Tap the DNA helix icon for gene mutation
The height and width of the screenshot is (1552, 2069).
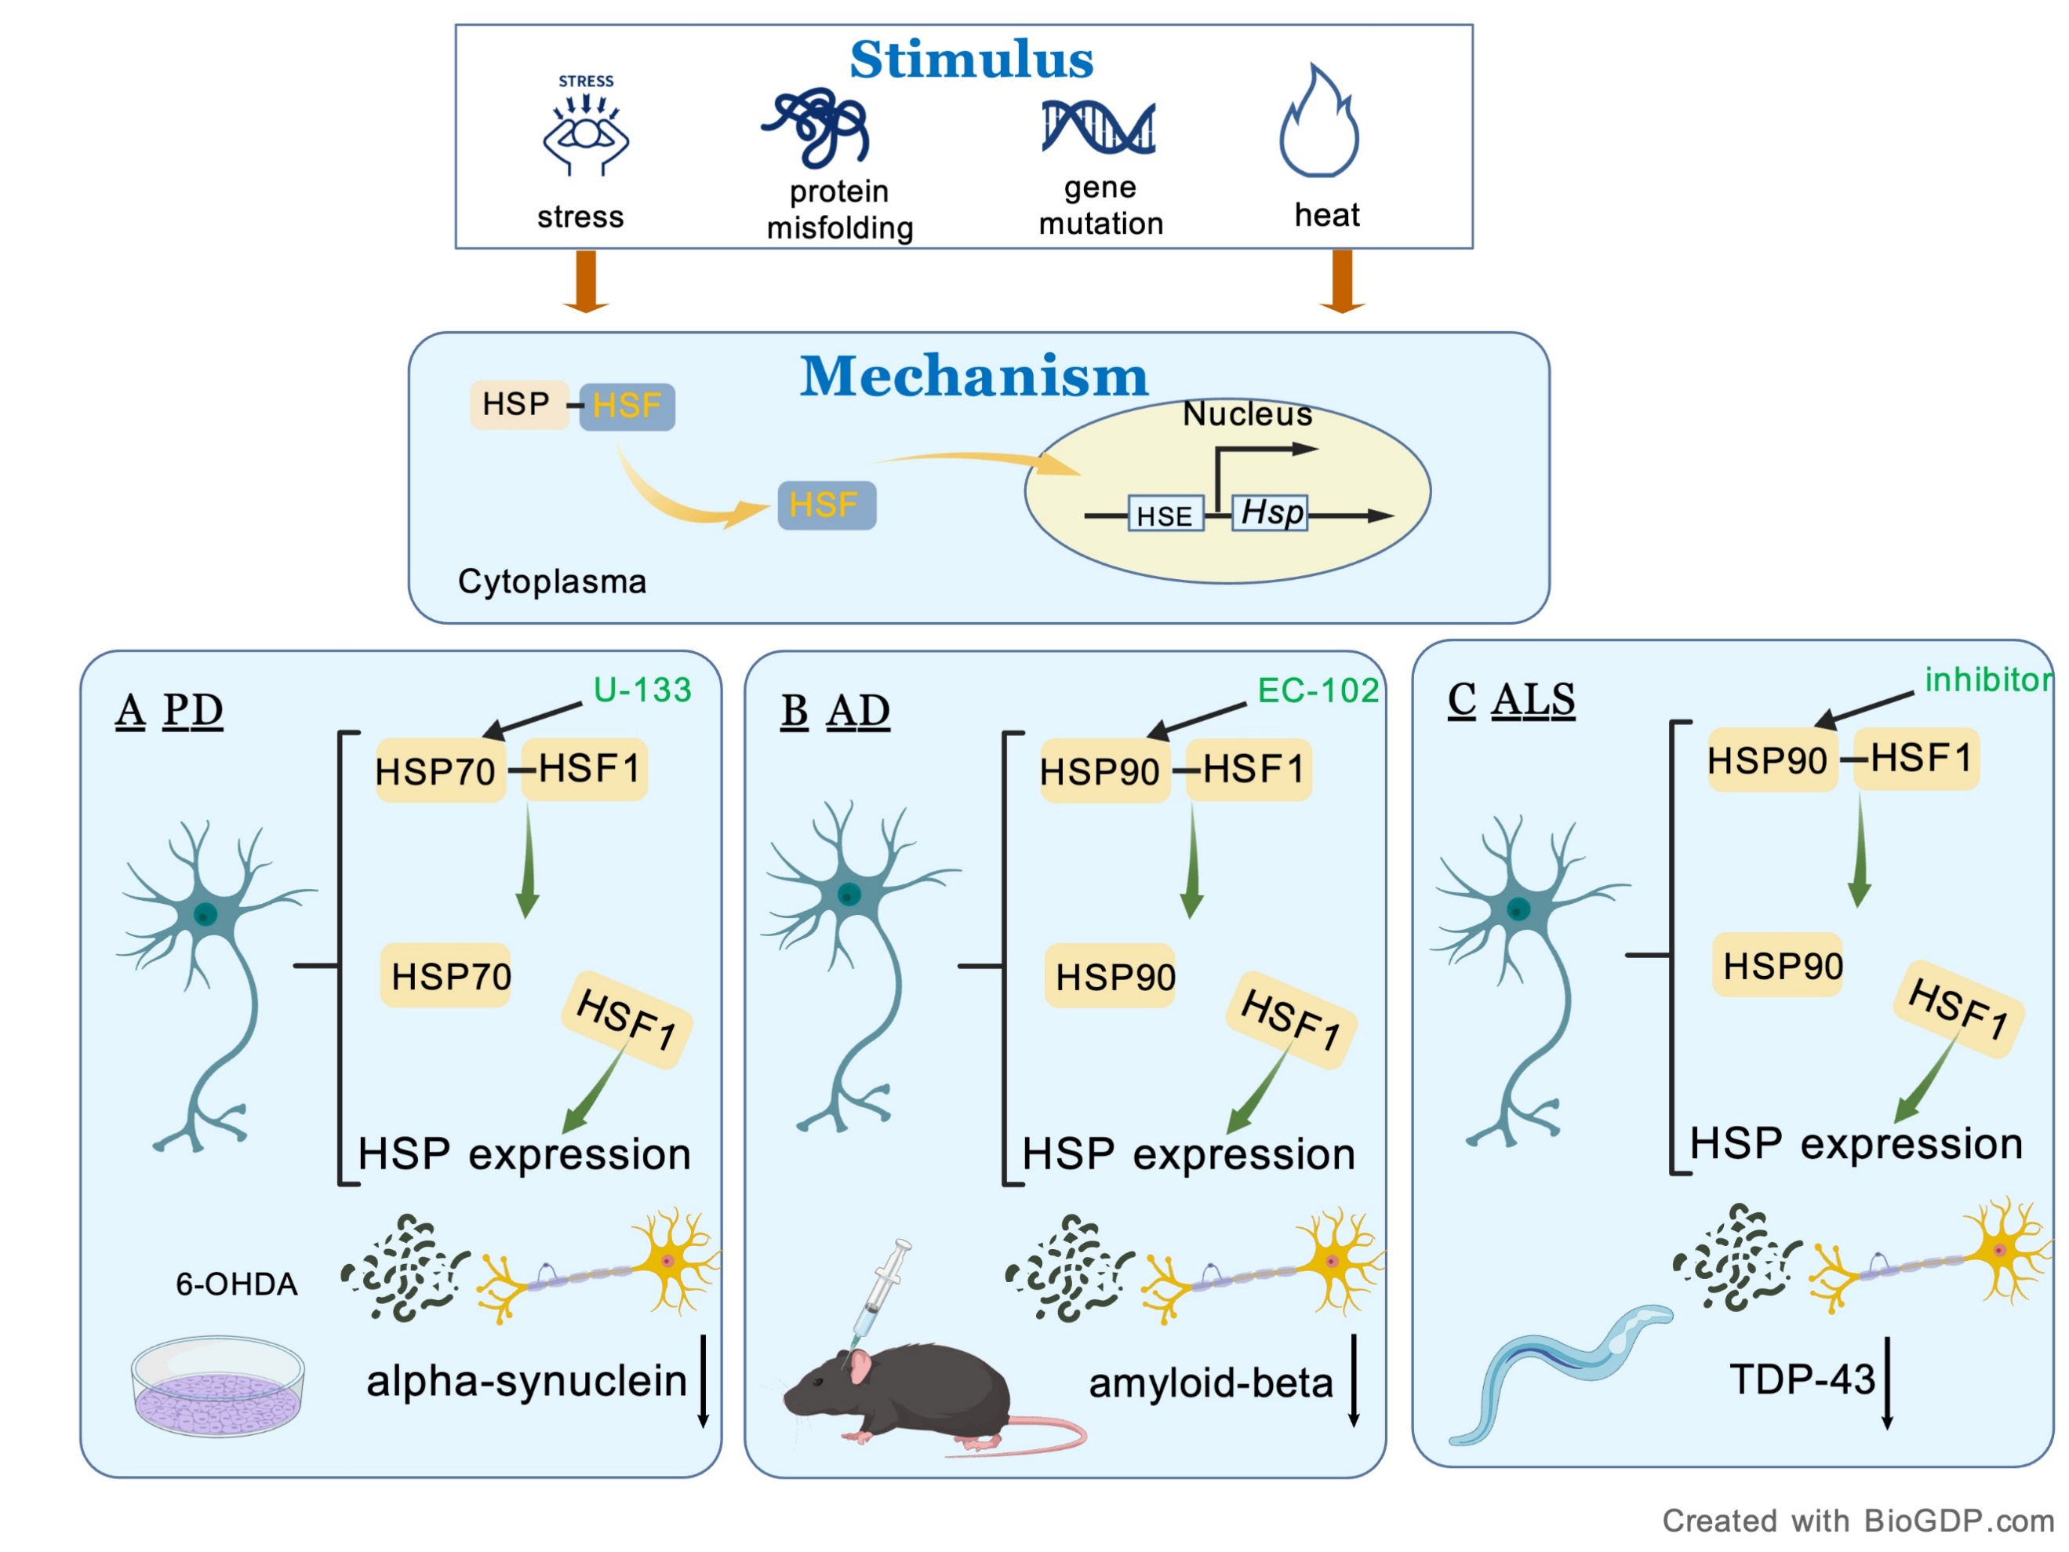click(x=1098, y=127)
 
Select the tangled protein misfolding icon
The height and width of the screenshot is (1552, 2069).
click(x=817, y=127)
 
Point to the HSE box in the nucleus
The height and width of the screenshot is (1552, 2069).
click(x=1165, y=516)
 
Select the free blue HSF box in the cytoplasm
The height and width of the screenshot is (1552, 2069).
click(x=827, y=505)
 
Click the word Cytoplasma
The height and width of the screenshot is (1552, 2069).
click(x=552, y=582)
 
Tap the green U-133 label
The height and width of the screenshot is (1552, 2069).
click(x=642, y=690)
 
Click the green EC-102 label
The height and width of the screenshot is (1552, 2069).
click(x=1317, y=690)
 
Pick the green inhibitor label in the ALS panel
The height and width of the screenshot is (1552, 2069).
click(x=1987, y=680)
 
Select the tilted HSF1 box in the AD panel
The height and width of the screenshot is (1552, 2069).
click(x=1291, y=1021)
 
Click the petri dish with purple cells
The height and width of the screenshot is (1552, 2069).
click(x=218, y=1386)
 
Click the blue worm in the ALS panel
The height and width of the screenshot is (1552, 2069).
click(x=1558, y=1366)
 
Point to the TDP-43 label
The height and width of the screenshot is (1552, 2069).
click(x=1802, y=1379)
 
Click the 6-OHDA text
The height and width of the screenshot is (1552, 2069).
click(x=237, y=1284)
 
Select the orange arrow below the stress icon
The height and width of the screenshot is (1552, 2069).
click(x=586, y=281)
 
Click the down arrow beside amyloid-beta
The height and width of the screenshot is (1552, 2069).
click(x=1354, y=1381)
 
